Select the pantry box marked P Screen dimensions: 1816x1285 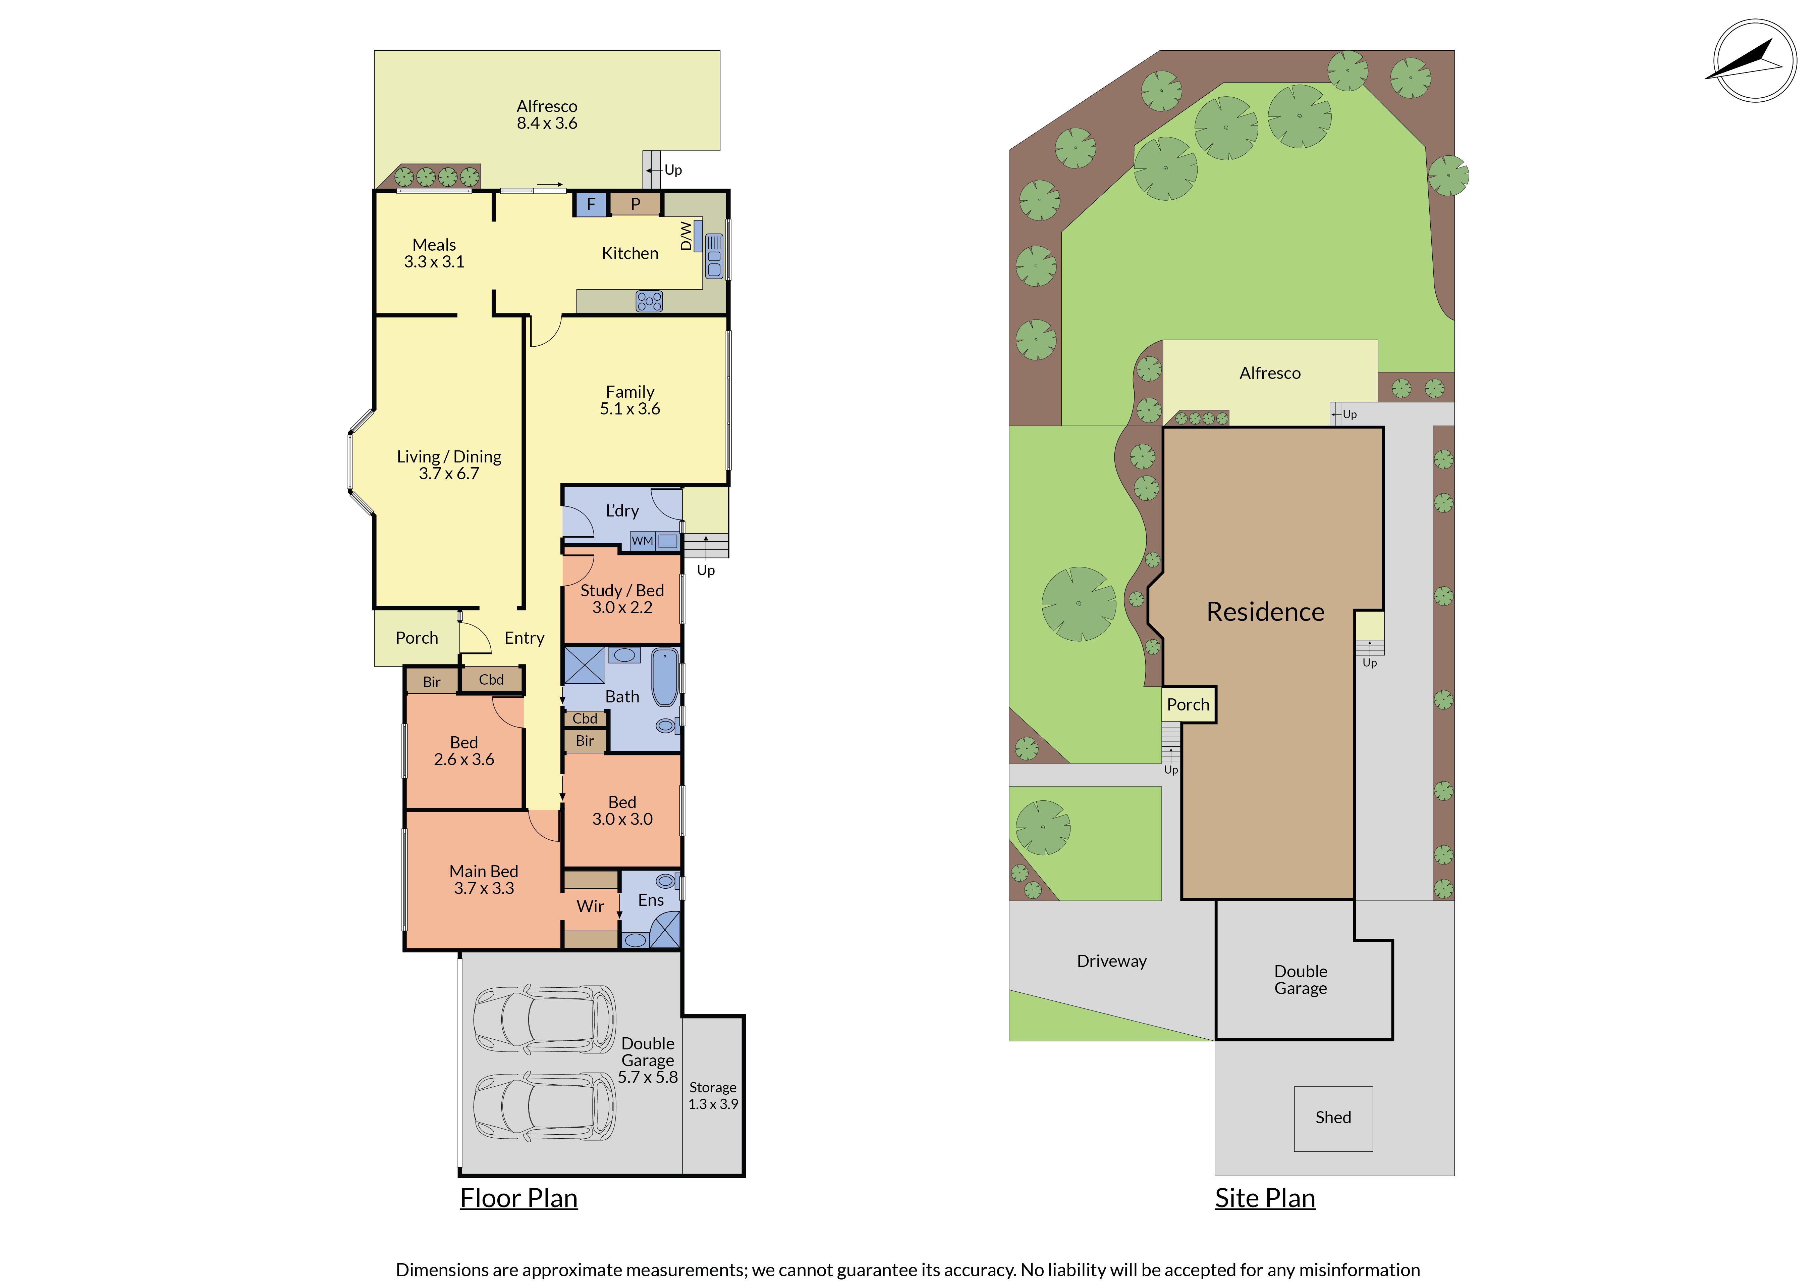click(x=635, y=204)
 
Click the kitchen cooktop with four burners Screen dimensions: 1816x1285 click(x=649, y=301)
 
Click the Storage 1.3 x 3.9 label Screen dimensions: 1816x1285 click(x=713, y=1096)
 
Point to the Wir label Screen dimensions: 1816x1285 click(x=590, y=906)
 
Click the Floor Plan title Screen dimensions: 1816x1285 click(x=519, y=1199)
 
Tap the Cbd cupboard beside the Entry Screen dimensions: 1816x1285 click(x=491, y=680)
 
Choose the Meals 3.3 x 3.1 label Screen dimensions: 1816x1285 click(x=434, y=253)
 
